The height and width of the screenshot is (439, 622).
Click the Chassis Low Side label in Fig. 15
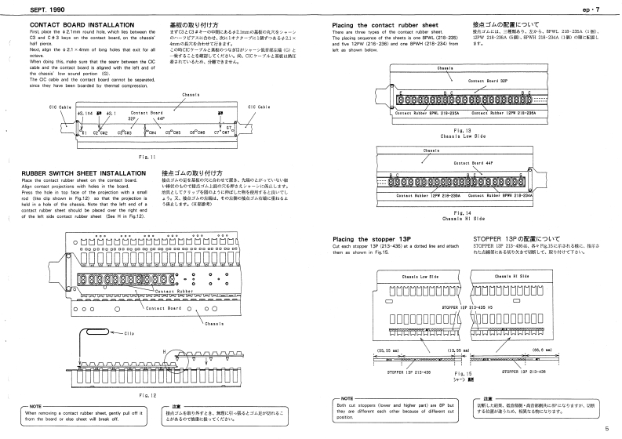click(409, 277)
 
